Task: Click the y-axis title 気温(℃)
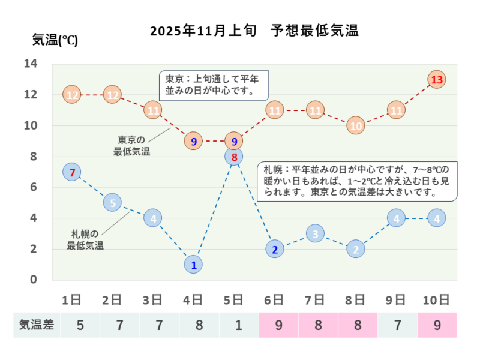click(x=55, y=41)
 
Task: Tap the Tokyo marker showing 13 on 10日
click(x=437, y=79)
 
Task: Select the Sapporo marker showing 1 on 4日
click(x=193, y=264)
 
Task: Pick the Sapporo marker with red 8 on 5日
click(x=235, y=157)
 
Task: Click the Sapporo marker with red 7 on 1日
click(x=71, y=172)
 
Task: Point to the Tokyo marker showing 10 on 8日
click(x=356, y=126)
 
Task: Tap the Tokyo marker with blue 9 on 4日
click(x=193, y=142)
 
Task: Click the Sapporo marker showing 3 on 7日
click(x=315, y=233)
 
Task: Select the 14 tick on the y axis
click(x=31, y=64)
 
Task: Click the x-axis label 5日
click(x=233, y=299)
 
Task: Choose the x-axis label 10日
click(x=436, y=299)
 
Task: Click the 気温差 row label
click(x=37, y=325)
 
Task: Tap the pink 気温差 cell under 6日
click(x=278, y=325)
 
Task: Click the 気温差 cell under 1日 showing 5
click(x=80, y=325)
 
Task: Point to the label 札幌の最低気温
click(x=85, y=239)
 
